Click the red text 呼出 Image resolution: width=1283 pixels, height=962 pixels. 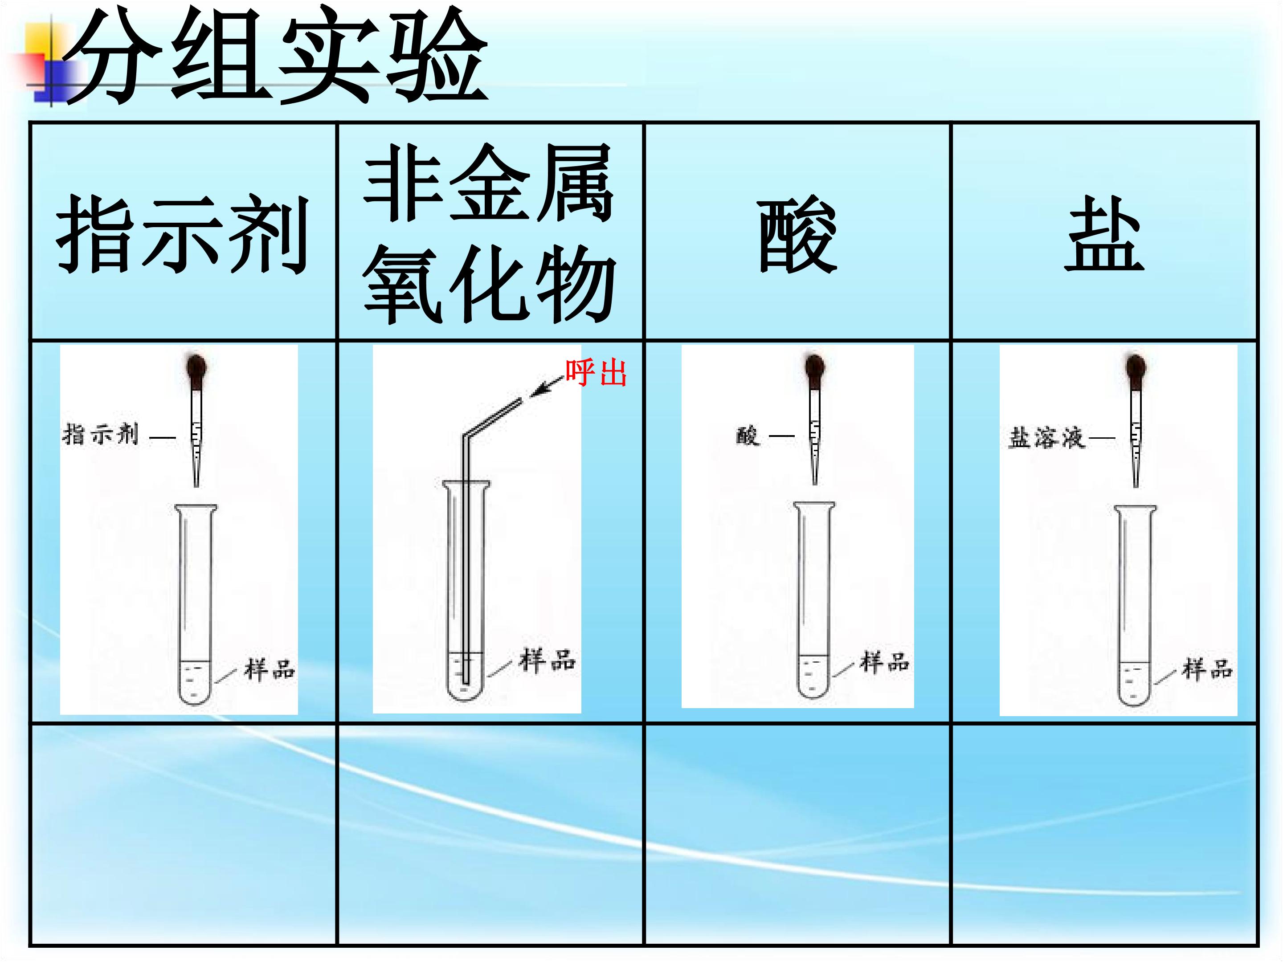(596, 372)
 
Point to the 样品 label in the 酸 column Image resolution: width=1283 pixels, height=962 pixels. (885, 662)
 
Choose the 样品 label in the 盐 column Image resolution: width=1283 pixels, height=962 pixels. (1207, 669)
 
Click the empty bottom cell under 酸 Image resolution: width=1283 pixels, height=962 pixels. (797, 835)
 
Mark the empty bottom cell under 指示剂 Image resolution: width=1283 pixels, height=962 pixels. (183, 835)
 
